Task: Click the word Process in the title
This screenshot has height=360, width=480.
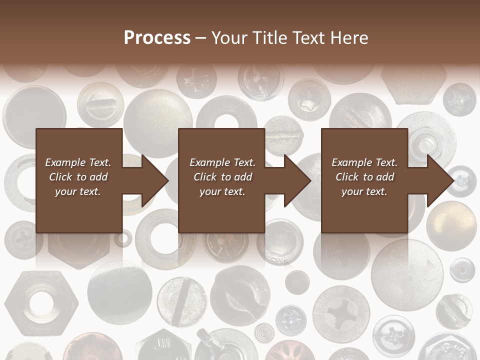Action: (157, 38)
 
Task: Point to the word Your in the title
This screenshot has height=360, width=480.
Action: (229, 38)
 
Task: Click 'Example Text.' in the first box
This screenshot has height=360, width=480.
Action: (78, 162)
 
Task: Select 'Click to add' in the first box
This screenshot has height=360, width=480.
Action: (78, 177)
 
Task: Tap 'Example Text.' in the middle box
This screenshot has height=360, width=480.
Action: (222, 162)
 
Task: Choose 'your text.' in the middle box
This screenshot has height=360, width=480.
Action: (222, 191)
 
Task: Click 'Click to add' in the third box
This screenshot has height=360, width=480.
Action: (364, 177)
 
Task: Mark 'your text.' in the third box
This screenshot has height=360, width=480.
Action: (364, 191)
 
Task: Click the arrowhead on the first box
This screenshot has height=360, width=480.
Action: (155, 180)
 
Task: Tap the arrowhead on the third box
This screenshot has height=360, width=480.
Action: (440, 180)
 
